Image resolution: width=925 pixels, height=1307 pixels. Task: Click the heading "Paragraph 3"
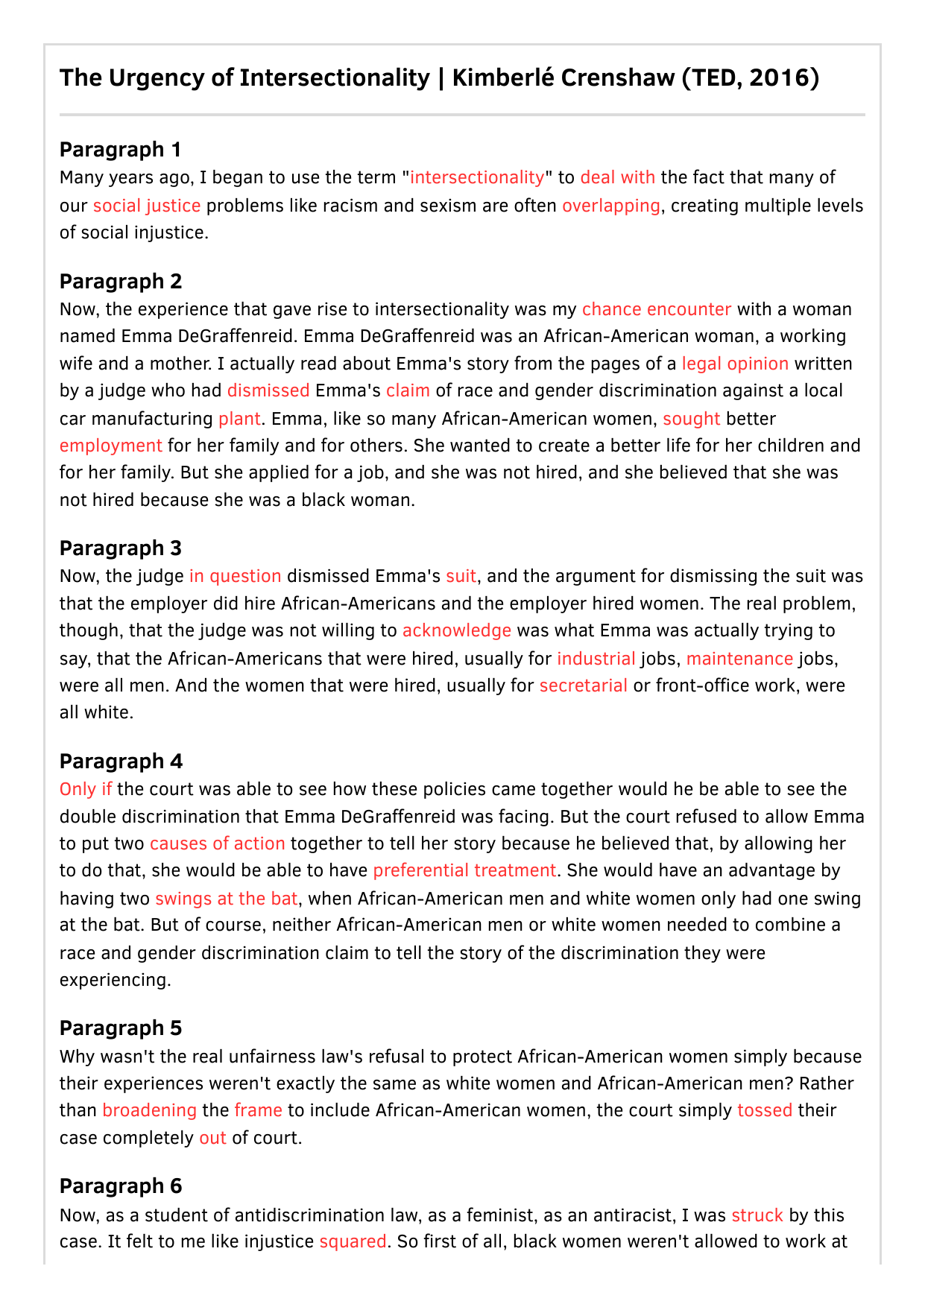coord(121,548)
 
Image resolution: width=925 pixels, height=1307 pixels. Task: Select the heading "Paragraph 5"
coord(121,1028)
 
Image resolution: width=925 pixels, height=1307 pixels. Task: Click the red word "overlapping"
coord(610,206)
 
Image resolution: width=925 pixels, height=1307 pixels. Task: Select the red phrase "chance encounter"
coord(656,309)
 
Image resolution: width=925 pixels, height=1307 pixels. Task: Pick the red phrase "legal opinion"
coord(735,364)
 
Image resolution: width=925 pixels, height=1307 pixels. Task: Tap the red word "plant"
coord(239,419)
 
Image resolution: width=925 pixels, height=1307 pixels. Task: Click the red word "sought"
coord(691,419)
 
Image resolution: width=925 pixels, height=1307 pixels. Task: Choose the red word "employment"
coord(110,446)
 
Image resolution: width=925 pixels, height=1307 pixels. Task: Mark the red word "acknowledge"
coord(456,630)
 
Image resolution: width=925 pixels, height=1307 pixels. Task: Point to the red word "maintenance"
coord(739,659)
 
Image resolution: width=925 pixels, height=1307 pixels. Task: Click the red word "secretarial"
coord(583,686)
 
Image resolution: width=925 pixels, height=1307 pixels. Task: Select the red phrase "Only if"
coord(86,789)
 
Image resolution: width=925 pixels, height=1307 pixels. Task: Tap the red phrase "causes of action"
coord(217,844)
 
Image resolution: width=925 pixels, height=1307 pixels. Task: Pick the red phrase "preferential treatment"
coord(464,870)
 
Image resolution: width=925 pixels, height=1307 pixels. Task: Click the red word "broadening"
coord(149,1110)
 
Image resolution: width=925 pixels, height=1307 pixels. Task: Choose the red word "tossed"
coord(764,1110)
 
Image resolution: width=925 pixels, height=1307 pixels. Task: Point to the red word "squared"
coord(353,1241)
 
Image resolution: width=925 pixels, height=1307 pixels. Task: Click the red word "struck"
coord(757,1215)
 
